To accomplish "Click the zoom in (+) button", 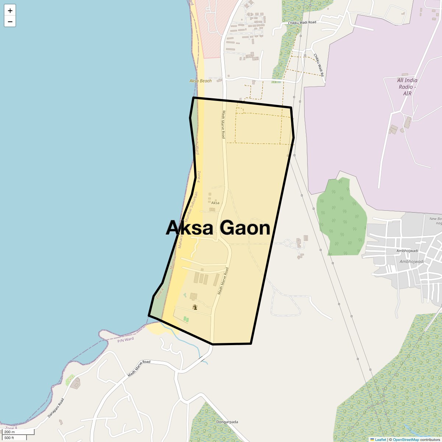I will [10, 11].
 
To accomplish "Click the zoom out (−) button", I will [10, 22].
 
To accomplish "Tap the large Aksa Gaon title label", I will [218, 228].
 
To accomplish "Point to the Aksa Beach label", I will [200, 81].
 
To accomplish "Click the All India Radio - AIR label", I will [407, 87].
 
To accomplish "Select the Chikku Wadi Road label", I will [302, 22].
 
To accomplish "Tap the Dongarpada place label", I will [227, 422].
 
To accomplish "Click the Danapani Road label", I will [56, 408].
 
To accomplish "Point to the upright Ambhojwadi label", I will [407, 251].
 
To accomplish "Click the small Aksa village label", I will [215, 203].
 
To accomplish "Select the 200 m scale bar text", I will [10, 432].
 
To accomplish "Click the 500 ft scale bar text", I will [9, 438].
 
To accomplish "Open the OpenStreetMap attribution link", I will [406, 439].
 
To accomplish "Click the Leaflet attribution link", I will [380, 439].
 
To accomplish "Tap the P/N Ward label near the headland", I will [126, 340].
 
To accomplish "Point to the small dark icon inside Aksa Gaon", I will [195, 307].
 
